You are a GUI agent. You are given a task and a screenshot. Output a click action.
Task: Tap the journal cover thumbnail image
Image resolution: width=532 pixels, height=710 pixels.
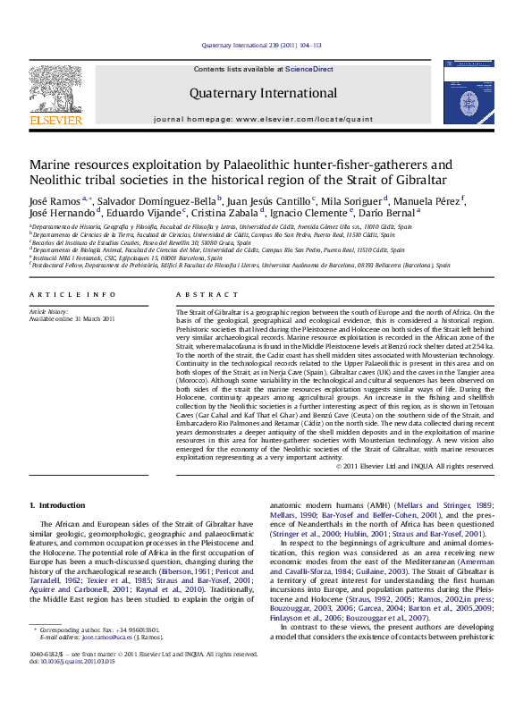tap(467, 97)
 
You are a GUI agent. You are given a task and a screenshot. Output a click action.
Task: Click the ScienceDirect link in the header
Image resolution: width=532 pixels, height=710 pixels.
tap(309, 69)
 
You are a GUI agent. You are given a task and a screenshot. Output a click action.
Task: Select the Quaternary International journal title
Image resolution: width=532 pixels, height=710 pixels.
tap(263, 93)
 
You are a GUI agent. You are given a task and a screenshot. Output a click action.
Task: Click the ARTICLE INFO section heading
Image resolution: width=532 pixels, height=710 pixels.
tap(72, 294)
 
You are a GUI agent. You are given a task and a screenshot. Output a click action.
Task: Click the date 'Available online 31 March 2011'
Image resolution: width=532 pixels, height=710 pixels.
tap(72, 318)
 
